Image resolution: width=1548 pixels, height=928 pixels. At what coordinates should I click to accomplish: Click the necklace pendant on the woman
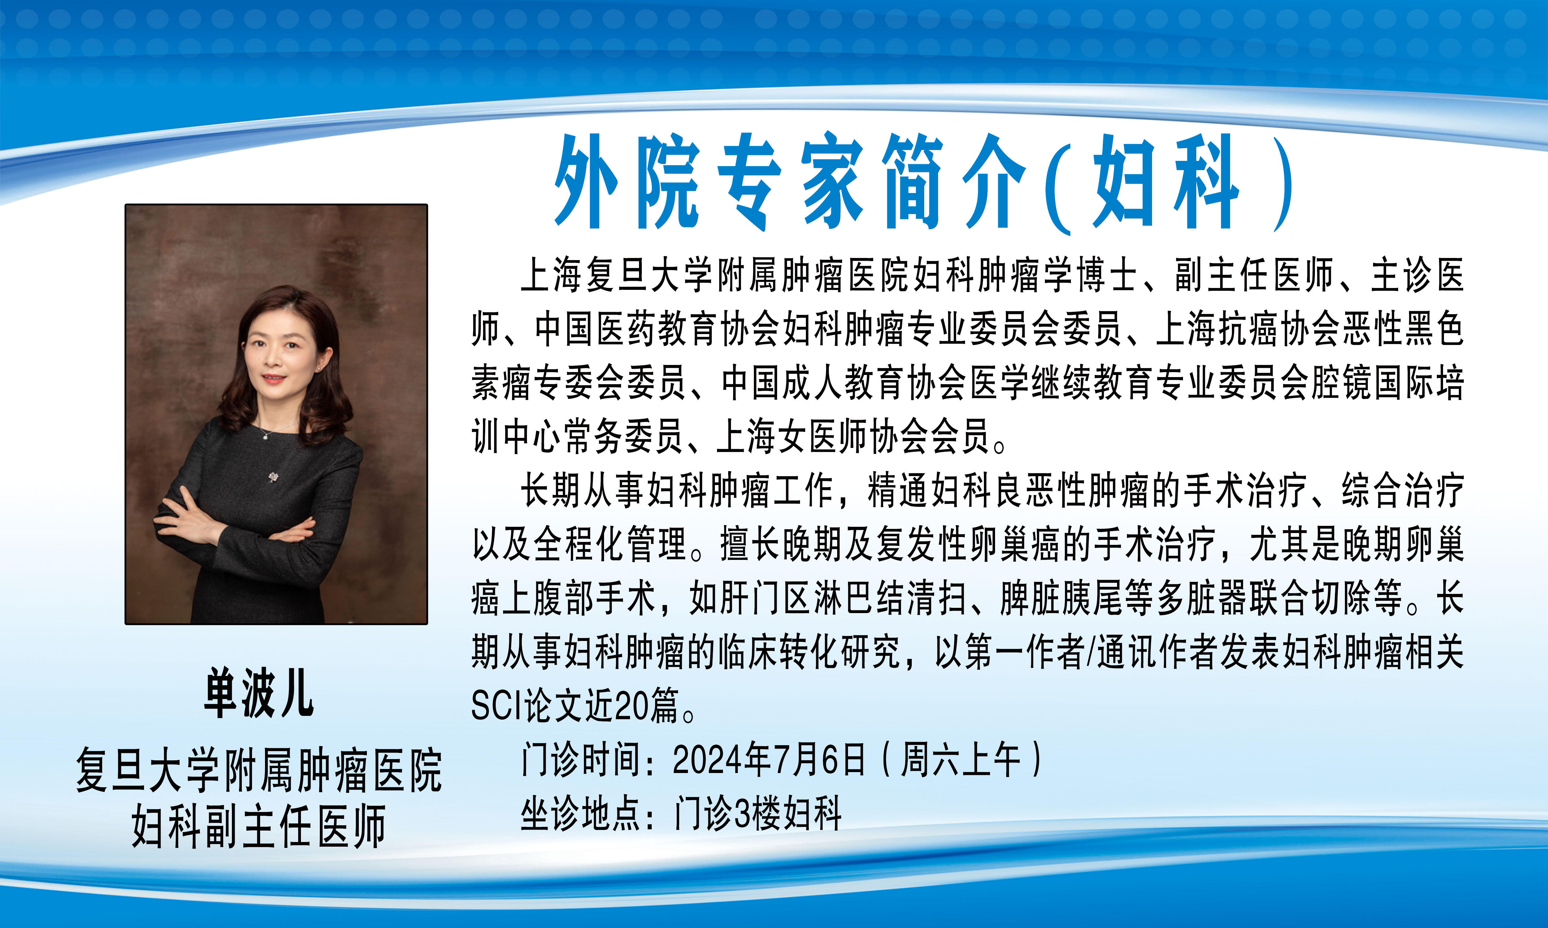[265, 436]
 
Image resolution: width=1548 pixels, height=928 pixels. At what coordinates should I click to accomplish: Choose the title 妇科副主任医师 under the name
[259, 826]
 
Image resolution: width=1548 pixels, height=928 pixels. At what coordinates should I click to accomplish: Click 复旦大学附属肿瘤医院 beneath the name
[259, 771]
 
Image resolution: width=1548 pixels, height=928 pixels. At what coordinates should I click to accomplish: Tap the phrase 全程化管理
[610, 544]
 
